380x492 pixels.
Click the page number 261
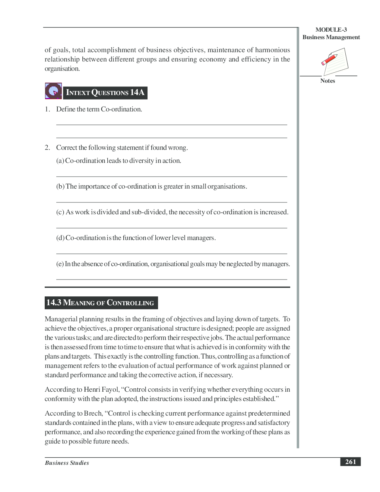[x=350, y=462]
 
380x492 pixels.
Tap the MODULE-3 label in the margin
[x=331, y=30]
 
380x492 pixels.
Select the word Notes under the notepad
[x=327, y=81]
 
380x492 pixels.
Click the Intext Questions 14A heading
[x=105, y=93]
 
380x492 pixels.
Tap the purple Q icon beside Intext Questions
[x=53, y=91]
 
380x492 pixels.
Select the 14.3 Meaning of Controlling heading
[x=101, y=303]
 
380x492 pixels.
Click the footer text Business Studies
[x=67, y=463]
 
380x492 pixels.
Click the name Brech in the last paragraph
[x=93, y=413]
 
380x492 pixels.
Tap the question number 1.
[x=47, y=109]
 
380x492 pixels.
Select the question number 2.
[x=47, y=148]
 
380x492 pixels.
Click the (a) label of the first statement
[x=60, y=161]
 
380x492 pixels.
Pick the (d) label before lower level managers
[x=60, y=238]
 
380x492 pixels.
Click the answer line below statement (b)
[x=171, y=202]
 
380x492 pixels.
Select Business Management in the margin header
[x=331, y=37]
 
